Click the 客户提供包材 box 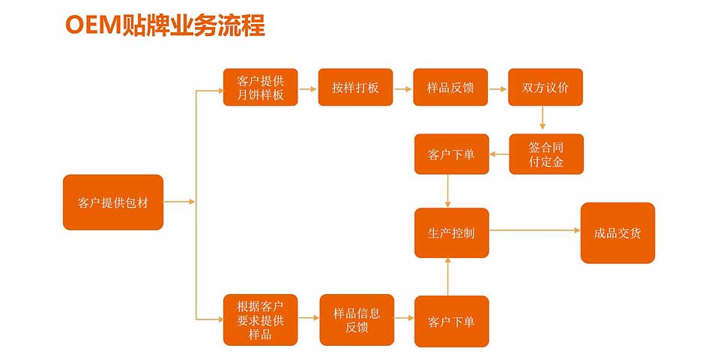point(113,202)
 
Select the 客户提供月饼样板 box point(260,87)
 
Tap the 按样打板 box point(355,87)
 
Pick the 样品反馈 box point(450,87)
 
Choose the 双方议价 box point(546,87)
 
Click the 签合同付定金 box point(546,154)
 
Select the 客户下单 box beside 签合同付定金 point(451,154)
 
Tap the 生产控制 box point(451,232)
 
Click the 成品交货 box point(618,232)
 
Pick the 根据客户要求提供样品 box point(260,320)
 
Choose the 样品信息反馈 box point(357,320)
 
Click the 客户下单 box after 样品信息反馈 point(451,321)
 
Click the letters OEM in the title point(94,25)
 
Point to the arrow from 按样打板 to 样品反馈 point(402,89)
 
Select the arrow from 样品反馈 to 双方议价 point(498,89)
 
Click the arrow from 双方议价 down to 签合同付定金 point(542,118)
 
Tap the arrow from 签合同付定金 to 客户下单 point(499,154)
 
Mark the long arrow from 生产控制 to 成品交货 point(535,230)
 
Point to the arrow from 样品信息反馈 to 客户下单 point(404,318)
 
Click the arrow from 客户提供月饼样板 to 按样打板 point(307,89)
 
